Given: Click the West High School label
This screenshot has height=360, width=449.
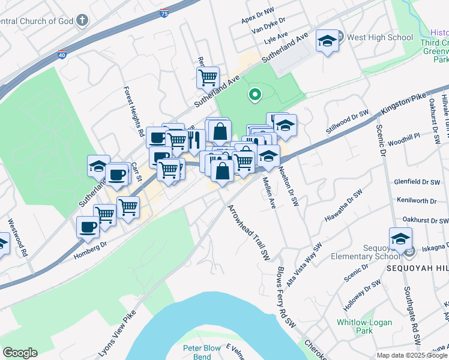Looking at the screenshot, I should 380,37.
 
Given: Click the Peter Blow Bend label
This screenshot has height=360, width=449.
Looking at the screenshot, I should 205,353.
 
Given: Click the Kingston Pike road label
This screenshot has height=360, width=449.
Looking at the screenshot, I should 403,104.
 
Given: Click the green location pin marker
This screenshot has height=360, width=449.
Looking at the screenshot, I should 255,94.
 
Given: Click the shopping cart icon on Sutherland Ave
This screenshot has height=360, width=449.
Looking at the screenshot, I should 208,77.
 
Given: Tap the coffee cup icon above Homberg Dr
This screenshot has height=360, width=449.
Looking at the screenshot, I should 88,227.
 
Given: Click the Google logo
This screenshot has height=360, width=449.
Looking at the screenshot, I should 20,353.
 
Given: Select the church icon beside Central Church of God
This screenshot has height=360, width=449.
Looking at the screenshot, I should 82,21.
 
